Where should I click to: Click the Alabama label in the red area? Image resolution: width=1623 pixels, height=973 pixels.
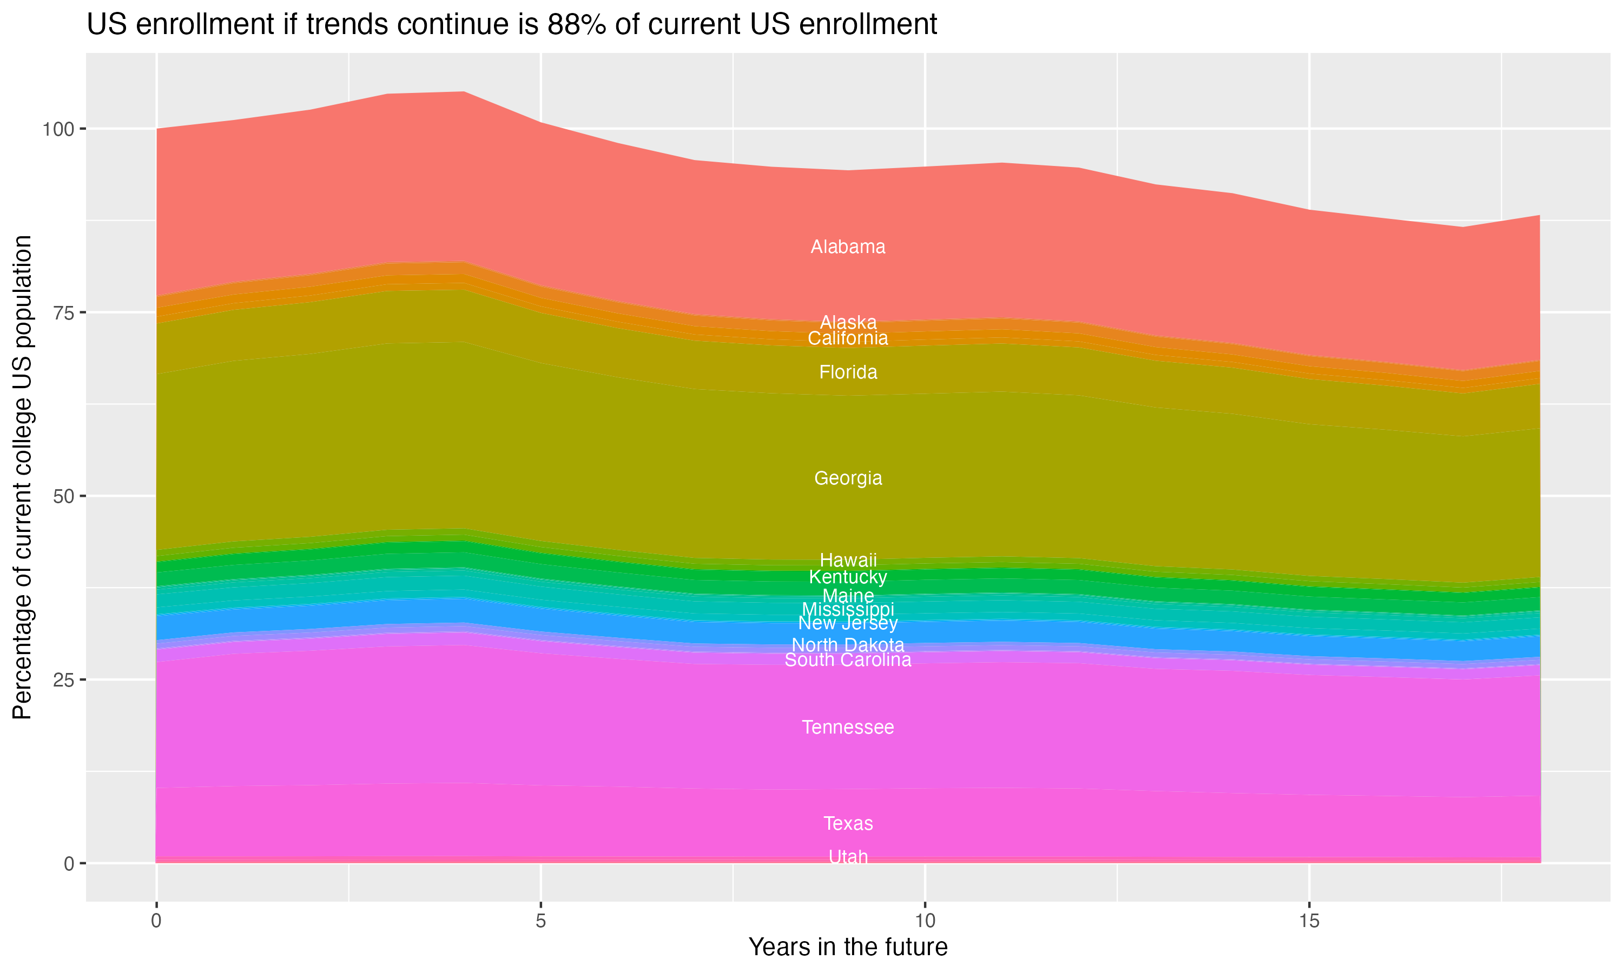848,247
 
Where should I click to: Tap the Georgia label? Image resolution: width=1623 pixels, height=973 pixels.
848,478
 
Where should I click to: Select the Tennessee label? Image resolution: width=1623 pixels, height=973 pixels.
848,727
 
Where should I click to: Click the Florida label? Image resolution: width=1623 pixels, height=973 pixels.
848,372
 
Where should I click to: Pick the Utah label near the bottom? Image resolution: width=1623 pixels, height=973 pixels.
848,857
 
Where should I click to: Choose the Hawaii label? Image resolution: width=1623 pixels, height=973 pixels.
848,560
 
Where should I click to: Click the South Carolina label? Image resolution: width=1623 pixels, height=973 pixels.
848,660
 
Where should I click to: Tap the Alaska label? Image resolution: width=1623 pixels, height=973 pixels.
848,322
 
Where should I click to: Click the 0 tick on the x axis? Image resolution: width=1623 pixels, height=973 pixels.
156,921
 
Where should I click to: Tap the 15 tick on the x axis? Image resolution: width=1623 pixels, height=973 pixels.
1309,921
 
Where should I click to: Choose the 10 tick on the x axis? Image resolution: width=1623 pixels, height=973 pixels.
925,921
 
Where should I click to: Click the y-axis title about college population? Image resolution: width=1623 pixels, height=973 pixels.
22,477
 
